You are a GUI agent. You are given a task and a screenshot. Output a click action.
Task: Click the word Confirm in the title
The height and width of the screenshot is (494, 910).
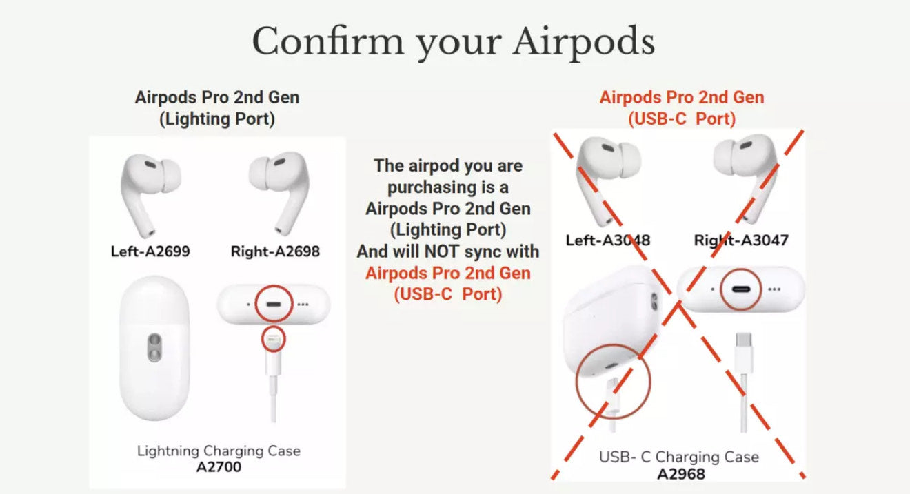pyautogui.click(x=328, y=41)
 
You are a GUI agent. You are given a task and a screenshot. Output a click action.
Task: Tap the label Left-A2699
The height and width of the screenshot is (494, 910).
pyautogui.click(x=150, y=251)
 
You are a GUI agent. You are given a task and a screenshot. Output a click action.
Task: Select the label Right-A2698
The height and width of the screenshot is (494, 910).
pyautogui.click(x=275, y=251)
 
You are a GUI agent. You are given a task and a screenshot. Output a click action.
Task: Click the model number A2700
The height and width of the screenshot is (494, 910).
pyautogui.click(x=219, y=467)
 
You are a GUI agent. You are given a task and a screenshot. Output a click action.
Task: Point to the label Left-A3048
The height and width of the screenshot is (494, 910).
pyautogui.click(x=608, y=240)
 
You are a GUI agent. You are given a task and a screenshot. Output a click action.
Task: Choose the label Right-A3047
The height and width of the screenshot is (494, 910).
pyautogui.click(x=741, y=240)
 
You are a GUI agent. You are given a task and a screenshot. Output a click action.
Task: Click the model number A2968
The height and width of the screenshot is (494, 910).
pyautogui.click(x=681, y=474)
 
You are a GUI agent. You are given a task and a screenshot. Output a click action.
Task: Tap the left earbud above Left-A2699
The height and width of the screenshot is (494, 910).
pyautogui.click(x=149, y=195)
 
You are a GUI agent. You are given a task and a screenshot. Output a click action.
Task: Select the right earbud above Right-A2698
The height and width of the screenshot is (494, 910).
pyautogui.click(x=281, y=193)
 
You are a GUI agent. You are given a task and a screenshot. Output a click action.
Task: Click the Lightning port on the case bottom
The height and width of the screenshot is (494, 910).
pyautogui.click(x=274, y=304)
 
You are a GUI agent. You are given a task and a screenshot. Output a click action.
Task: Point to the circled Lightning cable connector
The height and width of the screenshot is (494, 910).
pyautogui.click(x=273, y=340)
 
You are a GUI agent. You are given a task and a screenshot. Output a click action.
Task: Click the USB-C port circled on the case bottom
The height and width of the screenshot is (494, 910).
pyautogui.click(x=740, y=289)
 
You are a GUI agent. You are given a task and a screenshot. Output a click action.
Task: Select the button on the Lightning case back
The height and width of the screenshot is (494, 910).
pyautogui.click(x=154, y=347)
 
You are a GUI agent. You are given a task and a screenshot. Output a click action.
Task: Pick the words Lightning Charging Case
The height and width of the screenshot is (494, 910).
pyautogui.click(x=219, y=451)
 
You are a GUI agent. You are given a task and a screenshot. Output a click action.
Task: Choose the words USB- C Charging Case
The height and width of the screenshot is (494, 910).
pyautogui.click(x=678, y=457)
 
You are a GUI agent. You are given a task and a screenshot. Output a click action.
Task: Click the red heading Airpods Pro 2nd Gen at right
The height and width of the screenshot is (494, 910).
pyautogui.click(x=681, y=97)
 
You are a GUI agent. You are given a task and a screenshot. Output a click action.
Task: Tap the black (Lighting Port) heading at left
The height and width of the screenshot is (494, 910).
pyautogui.click(x=217, y=119)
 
